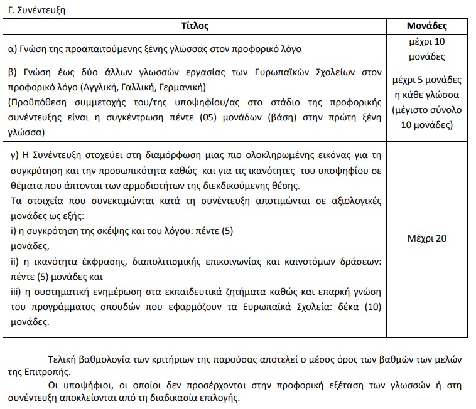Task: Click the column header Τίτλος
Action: (195, 26)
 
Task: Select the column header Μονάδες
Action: (426, 26)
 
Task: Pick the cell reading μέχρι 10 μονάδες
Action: (426, 49)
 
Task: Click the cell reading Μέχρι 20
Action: (426, 238)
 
